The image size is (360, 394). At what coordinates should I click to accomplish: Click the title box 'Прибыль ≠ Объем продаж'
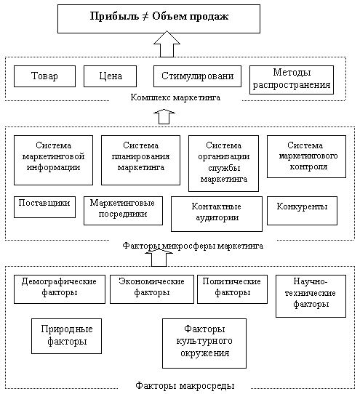pos(159,19)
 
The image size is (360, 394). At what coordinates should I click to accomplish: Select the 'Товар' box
pos(44,76)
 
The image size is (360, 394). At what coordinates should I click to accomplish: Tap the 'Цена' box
pos(110,76)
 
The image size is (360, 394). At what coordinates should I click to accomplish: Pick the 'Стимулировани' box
pos(197,76)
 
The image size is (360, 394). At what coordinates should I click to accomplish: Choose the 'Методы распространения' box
pos(292,80)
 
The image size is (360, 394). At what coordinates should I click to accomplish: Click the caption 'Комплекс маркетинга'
pos(175,97)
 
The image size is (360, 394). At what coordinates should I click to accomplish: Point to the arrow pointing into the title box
pos(167,44)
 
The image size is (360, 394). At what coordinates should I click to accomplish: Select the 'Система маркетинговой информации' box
pos(53,161)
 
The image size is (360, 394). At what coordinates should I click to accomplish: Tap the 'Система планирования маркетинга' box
pos(141,161)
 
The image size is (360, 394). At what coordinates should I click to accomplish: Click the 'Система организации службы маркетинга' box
pos(223,164)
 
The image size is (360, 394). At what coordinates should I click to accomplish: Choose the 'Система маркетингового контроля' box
pos(306,156)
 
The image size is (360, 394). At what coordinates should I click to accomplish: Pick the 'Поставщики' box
pos(44,207)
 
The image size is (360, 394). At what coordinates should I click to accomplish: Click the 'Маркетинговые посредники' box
pos(123,211)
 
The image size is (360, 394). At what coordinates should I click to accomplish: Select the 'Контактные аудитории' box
pos(217,214)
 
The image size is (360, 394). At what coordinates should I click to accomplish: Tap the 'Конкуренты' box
pos(302,211)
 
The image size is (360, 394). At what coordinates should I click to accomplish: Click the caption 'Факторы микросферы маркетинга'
pos(193,246)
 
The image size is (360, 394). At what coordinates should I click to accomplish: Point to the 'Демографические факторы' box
pos(60,289)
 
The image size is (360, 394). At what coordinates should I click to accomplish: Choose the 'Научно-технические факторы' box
pos(311,296)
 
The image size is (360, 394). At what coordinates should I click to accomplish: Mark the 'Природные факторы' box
pos(66,336)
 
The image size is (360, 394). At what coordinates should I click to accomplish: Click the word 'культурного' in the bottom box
pos(204,341)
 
